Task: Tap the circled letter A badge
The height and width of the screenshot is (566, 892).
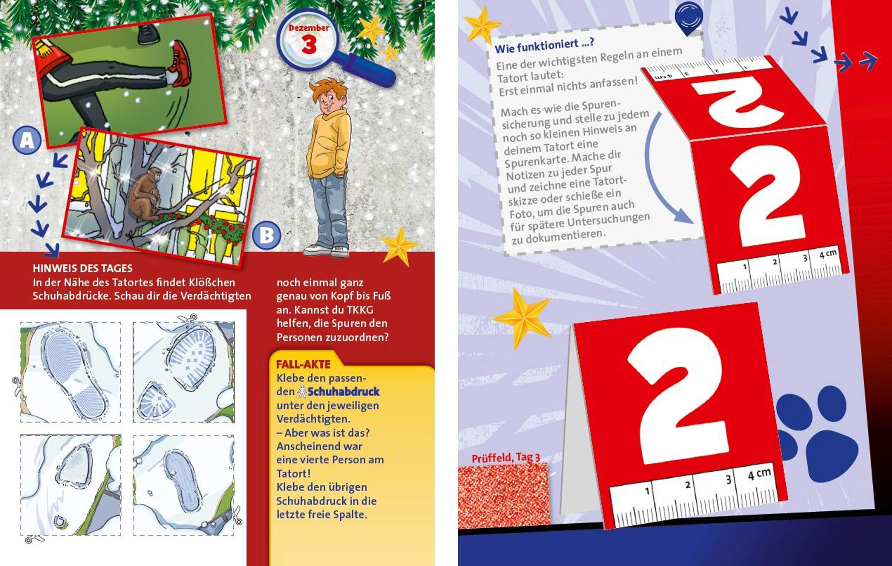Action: tap(26, 141)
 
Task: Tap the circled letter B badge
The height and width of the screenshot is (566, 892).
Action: tap(267, 235)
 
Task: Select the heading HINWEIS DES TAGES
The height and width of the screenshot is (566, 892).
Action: tap(83, 268)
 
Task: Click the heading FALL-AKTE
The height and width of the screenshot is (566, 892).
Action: tap(303, 364)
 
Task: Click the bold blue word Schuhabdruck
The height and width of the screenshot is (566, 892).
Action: tap(343, 392)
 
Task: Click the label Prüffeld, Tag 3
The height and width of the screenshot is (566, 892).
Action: tap(506, 458)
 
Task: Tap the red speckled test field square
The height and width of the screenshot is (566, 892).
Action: tap(503, 495)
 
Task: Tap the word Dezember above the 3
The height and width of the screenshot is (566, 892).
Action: tap(309, 28)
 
